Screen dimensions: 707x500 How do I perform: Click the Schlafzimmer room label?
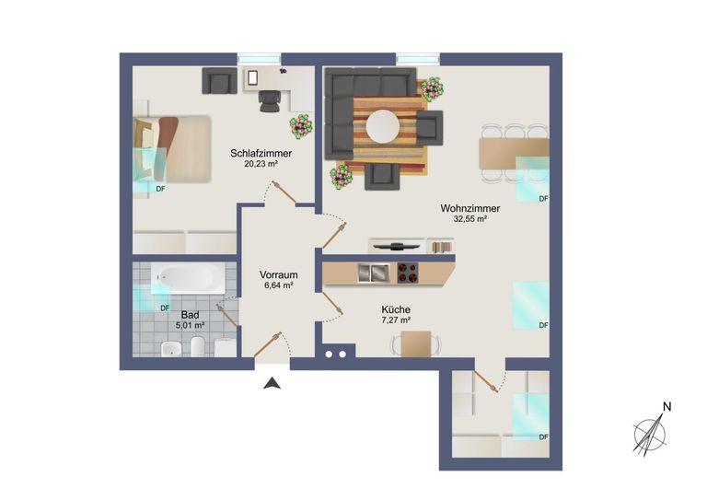pos(261,153)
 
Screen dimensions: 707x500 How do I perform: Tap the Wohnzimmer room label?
pos(469,209)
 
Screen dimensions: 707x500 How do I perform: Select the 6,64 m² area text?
pos(279,285)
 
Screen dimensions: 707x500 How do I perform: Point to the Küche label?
pos(396,309)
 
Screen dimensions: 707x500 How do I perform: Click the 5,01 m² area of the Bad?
pos(191,325)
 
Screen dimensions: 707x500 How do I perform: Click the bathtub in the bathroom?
pos(188,277)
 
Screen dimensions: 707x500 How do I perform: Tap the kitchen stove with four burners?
pos(408,273)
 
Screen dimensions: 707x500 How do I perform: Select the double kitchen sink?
pos(374,273)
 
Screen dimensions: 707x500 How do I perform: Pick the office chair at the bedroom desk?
pos(269,101)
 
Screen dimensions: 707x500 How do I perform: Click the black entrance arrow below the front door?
pos(272,383)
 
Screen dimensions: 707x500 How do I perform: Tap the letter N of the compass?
pos(666,407)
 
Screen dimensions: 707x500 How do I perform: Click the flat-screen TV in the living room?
pos(397,246)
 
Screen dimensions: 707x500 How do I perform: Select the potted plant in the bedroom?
pos(301,127)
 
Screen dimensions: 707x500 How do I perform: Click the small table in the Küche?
pos(416,343)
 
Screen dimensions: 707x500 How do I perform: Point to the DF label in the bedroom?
pos(160,189)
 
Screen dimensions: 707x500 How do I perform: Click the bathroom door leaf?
pos(226,315)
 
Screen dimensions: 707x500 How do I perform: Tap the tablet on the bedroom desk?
pos(252,77)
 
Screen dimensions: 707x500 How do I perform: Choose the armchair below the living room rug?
pos(382,177)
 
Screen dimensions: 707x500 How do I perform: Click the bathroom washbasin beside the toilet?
pos(171,348)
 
